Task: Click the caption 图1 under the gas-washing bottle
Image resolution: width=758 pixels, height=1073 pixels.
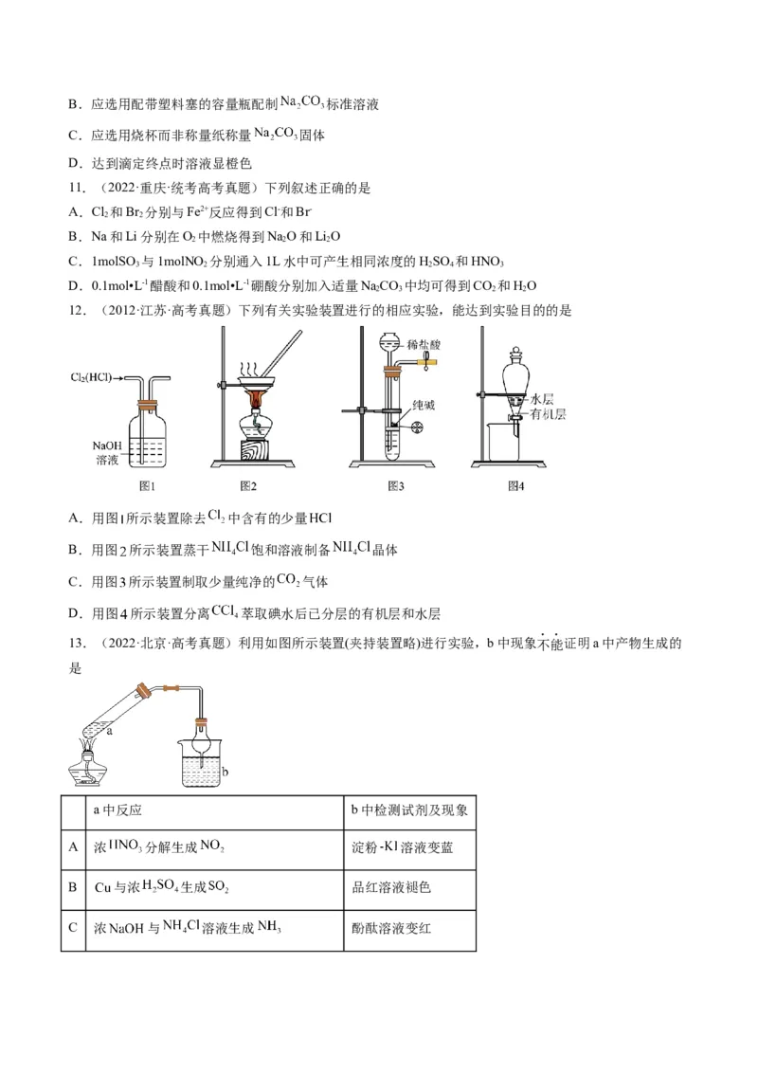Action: pyautogui.click(x=147, y=486)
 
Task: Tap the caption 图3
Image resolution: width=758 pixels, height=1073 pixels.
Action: pyautogui.click(x=396, y=486)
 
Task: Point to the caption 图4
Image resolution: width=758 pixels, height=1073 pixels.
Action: pyautogui.click(x=515, y=486)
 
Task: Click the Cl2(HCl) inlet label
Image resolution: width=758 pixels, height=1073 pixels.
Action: pyautogui.click(x=91, y=377)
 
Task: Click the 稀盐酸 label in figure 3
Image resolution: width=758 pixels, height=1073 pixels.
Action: pyautogui.click(x=421, y=342)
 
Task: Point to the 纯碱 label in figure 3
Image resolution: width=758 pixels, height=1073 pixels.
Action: pyautogui.click(x=424, y=404)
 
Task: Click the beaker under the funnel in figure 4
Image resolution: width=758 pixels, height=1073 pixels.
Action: pyautogui.click(x=503, y=441)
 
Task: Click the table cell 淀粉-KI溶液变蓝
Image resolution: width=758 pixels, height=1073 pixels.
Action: pyautogui.click(x=408, y=847)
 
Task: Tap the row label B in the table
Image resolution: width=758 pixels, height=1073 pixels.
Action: pyautogui.click(x=73, y=887)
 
